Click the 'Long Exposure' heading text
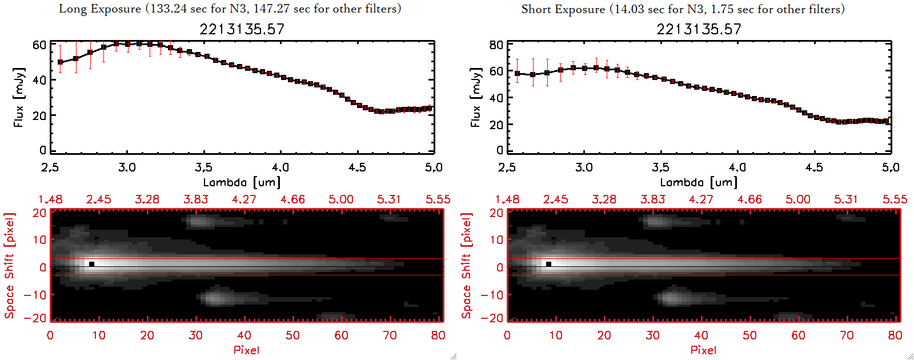[x=100, y=9]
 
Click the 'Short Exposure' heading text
[x=563, y=9]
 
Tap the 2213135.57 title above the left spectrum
[x=242, y=29]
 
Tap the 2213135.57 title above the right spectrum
[x=699, y=29]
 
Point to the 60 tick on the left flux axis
[x=39, y=45]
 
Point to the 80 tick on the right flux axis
[x=496, y=45]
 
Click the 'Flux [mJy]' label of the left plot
[x=19, y=97]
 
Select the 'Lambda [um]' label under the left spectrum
[x=242, y=182]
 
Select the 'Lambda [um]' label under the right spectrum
[x=699, y=182]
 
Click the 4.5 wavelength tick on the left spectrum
[x=357, y=167]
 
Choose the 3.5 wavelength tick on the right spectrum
[x=660, y=167]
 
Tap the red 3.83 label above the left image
[x=196, y=199]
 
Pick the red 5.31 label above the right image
[x=846, y=199]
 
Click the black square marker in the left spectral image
[x=91, y=264]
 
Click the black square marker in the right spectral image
[x=548, y=264]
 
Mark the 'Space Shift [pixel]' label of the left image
[x=9, y=266]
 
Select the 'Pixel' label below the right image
[x=703, y=350]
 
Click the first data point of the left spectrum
[x=60, y=62]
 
